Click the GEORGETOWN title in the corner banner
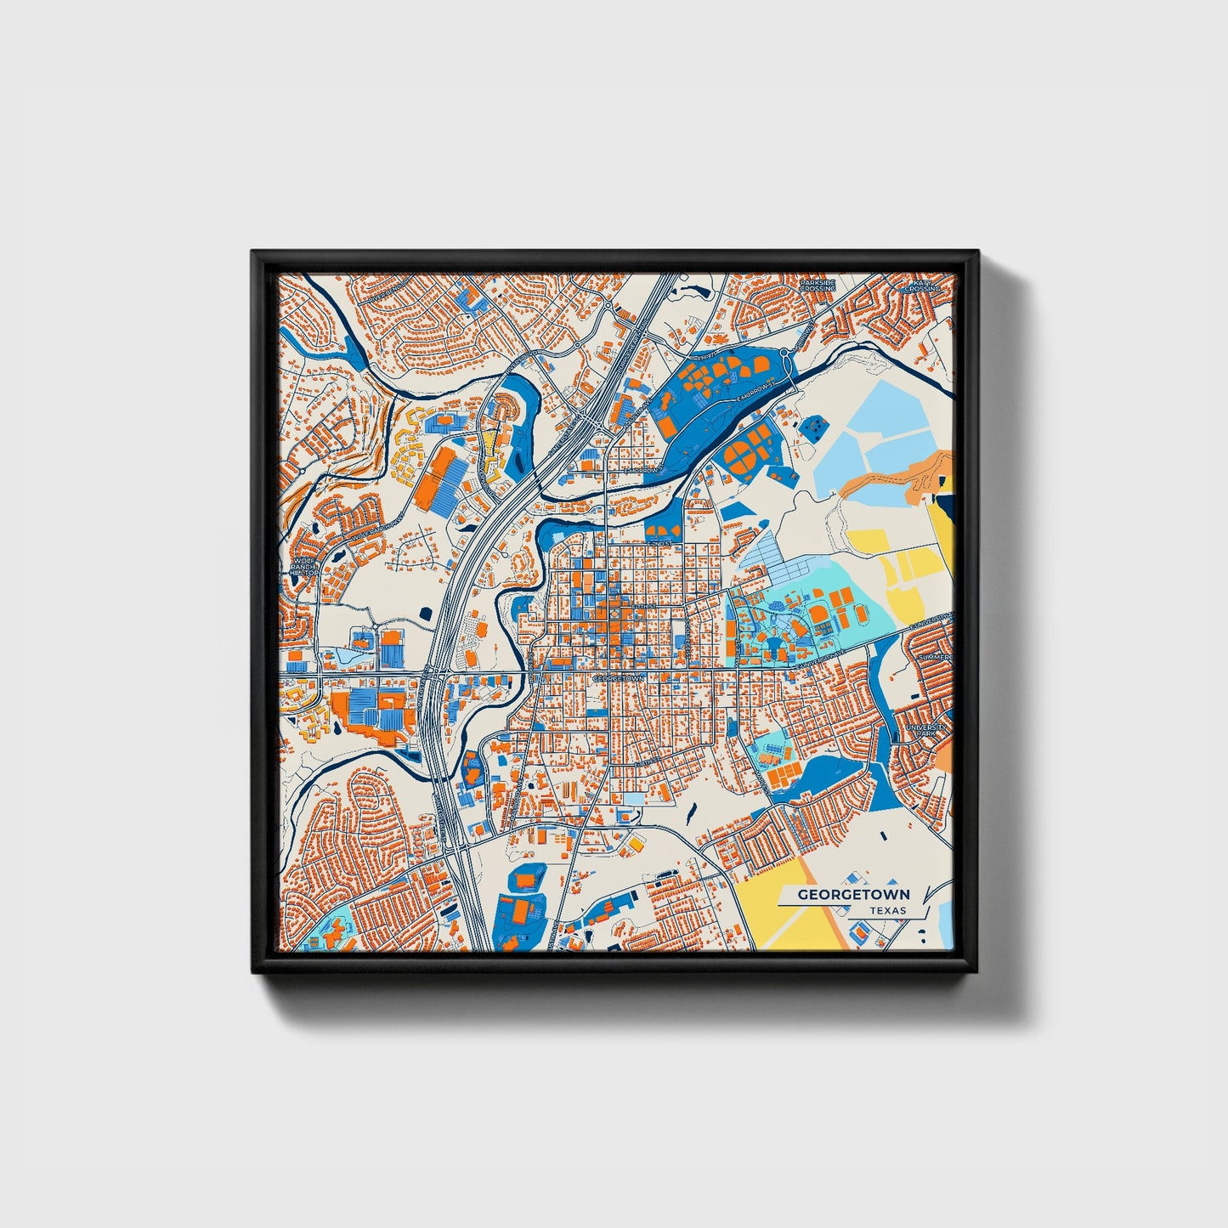coord(852,894)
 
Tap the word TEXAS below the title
coord(887,910)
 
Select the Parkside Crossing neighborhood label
coord(818,285)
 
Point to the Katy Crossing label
coord(922,286)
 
